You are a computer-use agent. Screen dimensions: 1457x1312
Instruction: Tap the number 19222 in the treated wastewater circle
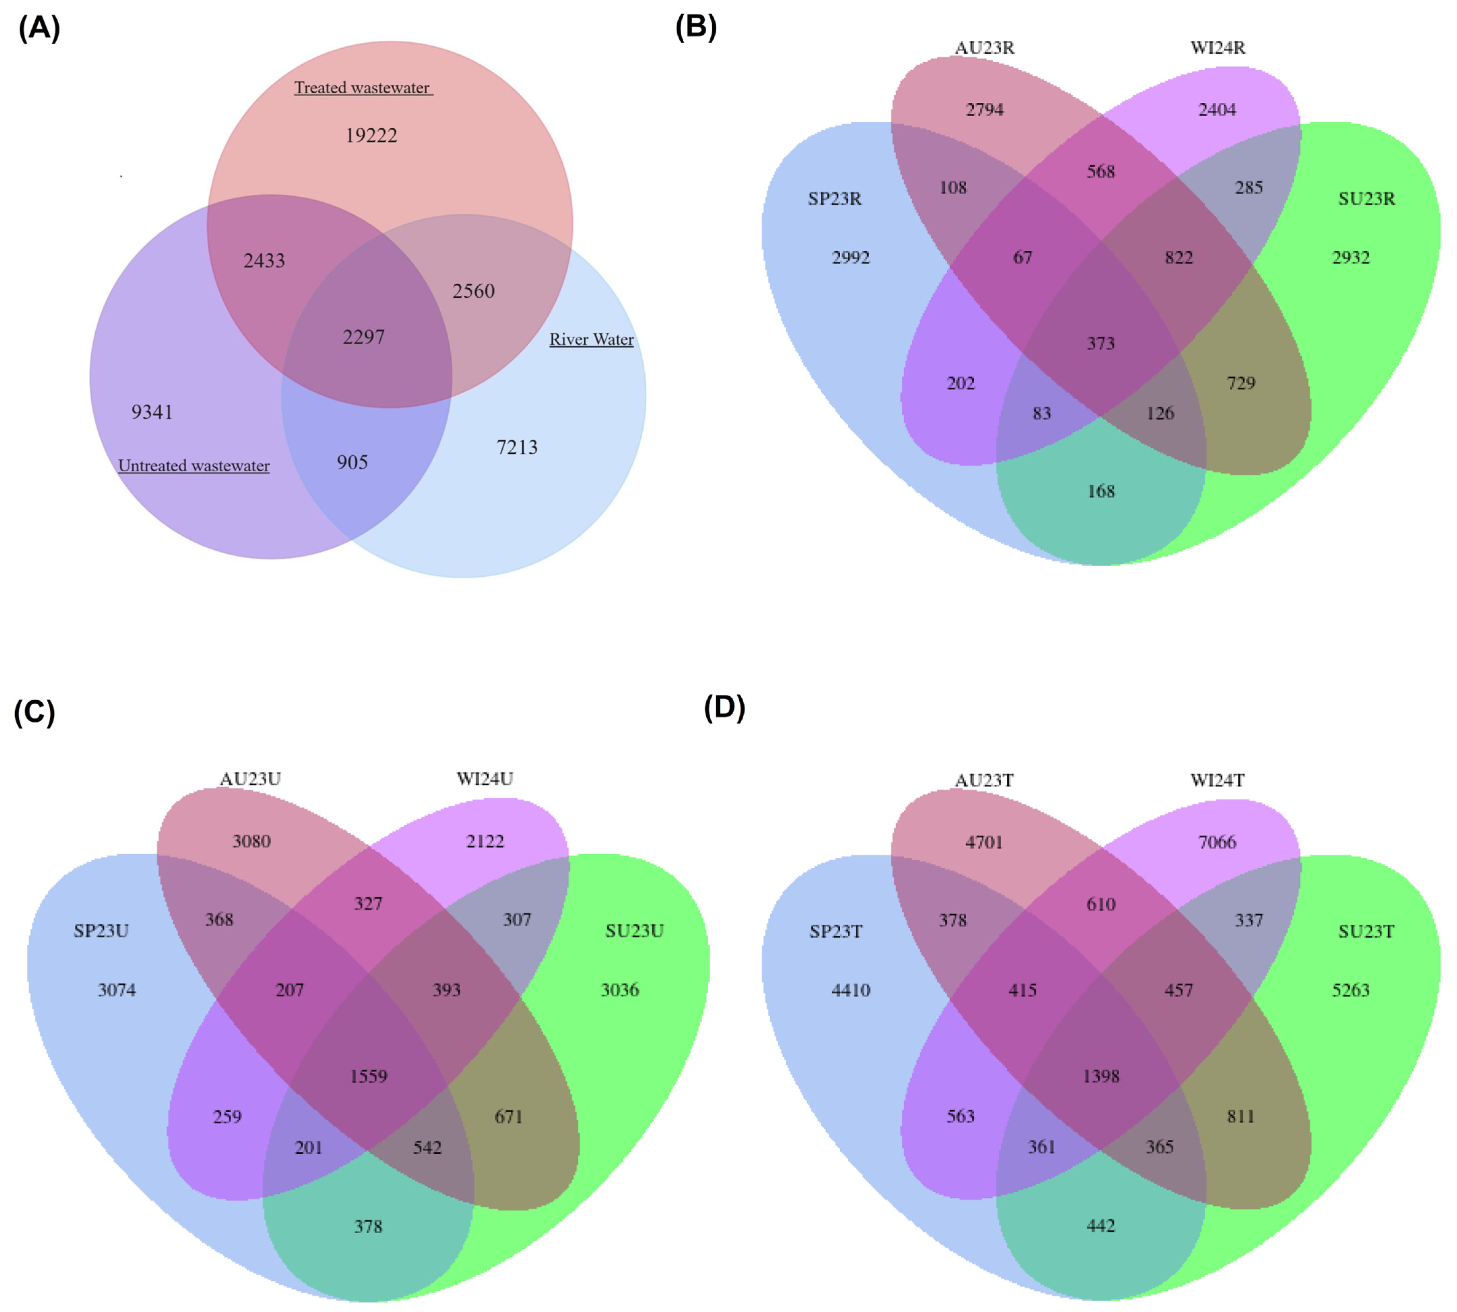[x=371, y=135]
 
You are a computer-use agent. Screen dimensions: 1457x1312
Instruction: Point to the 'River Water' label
[x=591, y=340]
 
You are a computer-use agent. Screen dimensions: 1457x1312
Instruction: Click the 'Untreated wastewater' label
[x=194, y=466]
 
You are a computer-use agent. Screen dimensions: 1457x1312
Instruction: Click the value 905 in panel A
[x=353, y=462]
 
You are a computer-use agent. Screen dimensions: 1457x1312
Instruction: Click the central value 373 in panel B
[x=1101, y=343]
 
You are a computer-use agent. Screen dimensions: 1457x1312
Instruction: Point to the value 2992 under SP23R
[x=851, y=257]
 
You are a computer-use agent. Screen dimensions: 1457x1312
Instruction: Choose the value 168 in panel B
[x=1101, y=491]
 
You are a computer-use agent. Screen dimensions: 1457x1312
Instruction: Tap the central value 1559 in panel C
[x=368, y=1076]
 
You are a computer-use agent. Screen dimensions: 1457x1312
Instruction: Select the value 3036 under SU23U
[x=620, y=990]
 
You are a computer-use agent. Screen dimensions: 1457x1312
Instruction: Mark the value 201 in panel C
[x=309, y=1148]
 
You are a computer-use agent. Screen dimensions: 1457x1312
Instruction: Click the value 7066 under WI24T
[x=1217, y=842]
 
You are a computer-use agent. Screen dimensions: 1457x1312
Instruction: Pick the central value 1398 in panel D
[x=1101, y=1076]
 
